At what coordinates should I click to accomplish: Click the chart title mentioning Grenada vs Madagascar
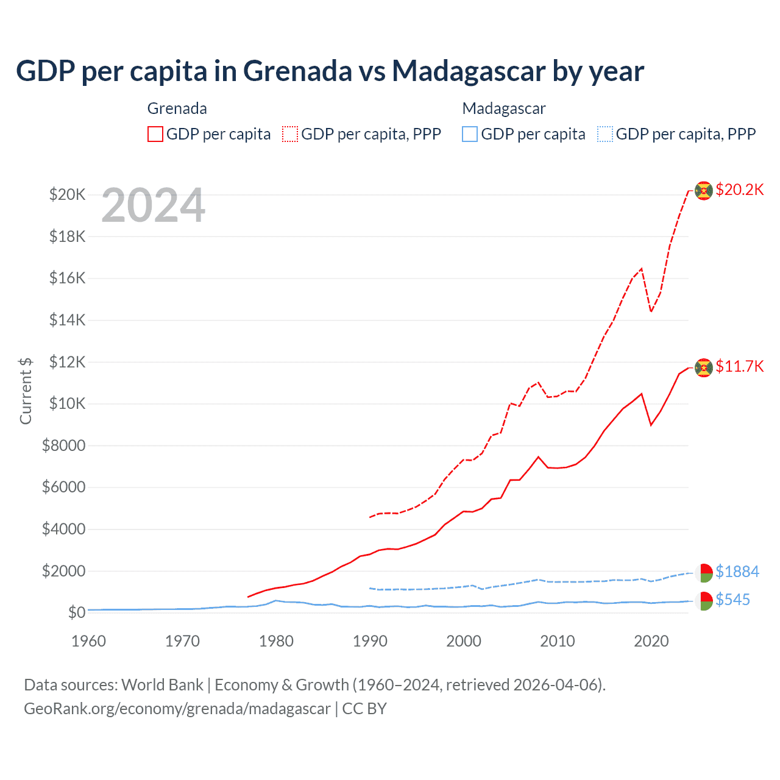[330, 71]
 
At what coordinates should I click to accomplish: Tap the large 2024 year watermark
[154, 206]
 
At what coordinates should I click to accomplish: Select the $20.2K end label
[739, 190]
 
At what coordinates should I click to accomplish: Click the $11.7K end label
[739, 366]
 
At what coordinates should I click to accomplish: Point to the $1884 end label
[737, 572]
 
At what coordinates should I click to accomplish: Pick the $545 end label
[732, 600]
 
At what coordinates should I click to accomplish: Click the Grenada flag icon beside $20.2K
[704, 191]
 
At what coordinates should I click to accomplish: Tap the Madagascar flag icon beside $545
[704, 601]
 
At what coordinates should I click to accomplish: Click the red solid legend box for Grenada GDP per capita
[155, 134]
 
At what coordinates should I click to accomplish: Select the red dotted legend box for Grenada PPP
[290, 134]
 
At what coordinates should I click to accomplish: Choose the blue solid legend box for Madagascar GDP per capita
[470, 134]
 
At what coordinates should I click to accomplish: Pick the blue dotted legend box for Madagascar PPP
[605, 134]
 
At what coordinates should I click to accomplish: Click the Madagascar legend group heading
[504, 108]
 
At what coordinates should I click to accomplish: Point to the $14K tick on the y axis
[68, 320]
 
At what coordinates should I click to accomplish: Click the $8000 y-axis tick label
[63, 445]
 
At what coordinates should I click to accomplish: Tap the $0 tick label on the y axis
[76, 612]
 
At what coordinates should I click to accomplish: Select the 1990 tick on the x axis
[370, 641]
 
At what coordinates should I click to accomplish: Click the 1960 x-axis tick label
[89, 641]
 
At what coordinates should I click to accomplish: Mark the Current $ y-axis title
[26, 391]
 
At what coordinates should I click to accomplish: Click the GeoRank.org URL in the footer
[177, 709]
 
